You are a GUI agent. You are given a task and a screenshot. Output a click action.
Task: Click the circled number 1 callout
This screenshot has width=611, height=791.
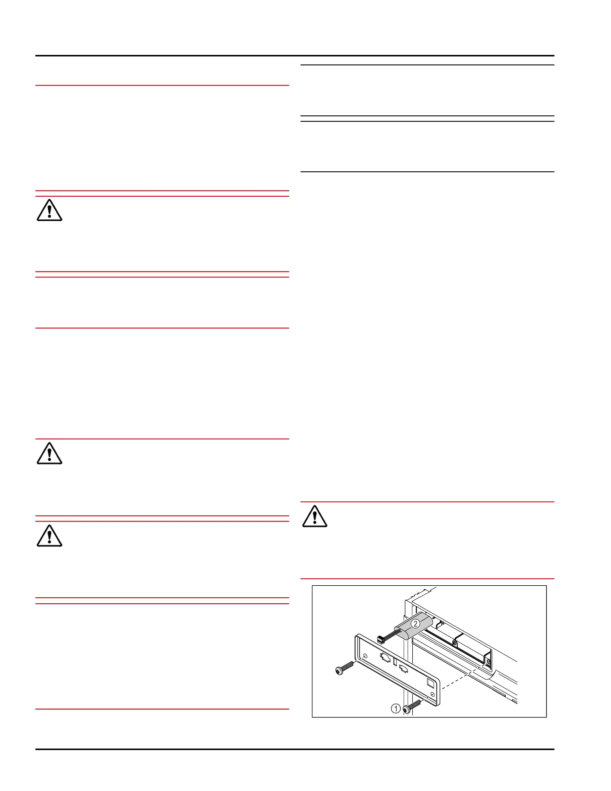(x=395, y=708)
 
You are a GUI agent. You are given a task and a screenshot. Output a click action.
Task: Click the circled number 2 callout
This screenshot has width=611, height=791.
(x=415, y=623)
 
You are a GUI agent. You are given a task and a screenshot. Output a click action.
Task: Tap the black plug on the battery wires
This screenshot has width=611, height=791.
(x=381, y=638)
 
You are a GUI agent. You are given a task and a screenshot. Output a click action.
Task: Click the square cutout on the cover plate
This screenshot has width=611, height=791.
(x=430, y=682)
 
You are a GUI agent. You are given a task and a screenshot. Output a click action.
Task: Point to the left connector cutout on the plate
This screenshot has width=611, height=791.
(x=385, y=658)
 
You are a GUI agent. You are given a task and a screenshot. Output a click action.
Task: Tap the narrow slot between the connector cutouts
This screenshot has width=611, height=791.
(x=395, y=663)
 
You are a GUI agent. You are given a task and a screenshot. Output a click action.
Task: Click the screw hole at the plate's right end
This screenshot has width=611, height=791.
(x=432, y=695)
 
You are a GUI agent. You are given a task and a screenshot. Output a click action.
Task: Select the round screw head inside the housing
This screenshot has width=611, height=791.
(x=454, y=642)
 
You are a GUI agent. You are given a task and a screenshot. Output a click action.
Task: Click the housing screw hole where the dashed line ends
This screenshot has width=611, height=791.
(x=488, y=662)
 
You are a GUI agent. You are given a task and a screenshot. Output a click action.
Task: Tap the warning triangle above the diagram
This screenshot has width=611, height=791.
(x=314, y=516)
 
